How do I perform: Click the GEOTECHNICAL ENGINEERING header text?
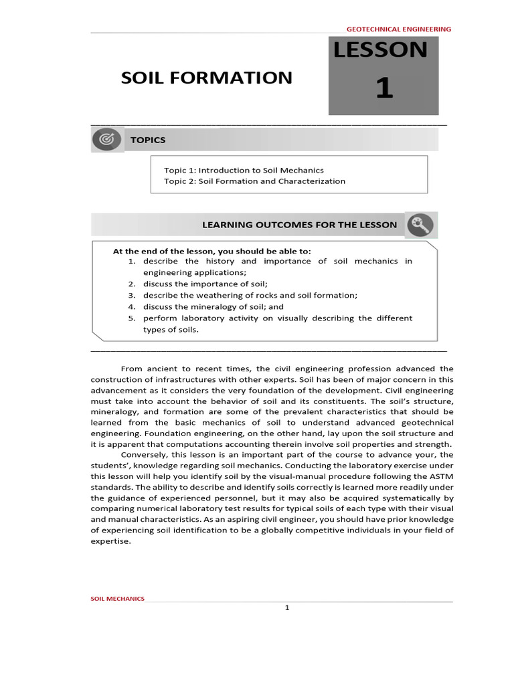(398, 29)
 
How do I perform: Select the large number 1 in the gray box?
(383, 88)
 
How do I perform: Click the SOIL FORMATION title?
(206, 78)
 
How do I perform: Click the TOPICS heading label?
(148, 140)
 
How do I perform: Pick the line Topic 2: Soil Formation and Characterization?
(254, 181)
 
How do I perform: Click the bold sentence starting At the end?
(211, 251)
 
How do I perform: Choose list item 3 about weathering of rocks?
(250, 295)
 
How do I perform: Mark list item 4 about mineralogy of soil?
(213, 306)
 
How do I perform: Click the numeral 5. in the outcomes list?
(132, 318)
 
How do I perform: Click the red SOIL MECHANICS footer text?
(117, 599)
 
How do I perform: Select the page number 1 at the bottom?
(286, 608)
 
